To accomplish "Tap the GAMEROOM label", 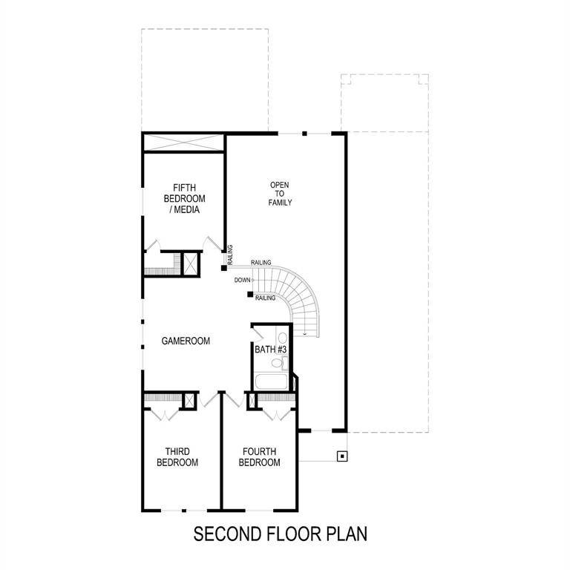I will point(186,341).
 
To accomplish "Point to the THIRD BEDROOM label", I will point(181,456).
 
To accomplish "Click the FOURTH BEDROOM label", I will point(259,456).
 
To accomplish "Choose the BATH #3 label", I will point(271,349).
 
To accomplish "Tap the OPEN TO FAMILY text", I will point(281,193).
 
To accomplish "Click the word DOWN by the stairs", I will point(242,281).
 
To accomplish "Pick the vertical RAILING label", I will point(230,255).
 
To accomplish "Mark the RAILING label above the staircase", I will point(261,263).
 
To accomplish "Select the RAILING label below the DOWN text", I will point(265,298).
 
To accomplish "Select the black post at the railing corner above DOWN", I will point(223,267).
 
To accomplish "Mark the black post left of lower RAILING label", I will point(249,295).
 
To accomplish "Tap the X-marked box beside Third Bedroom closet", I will point(190,401).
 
